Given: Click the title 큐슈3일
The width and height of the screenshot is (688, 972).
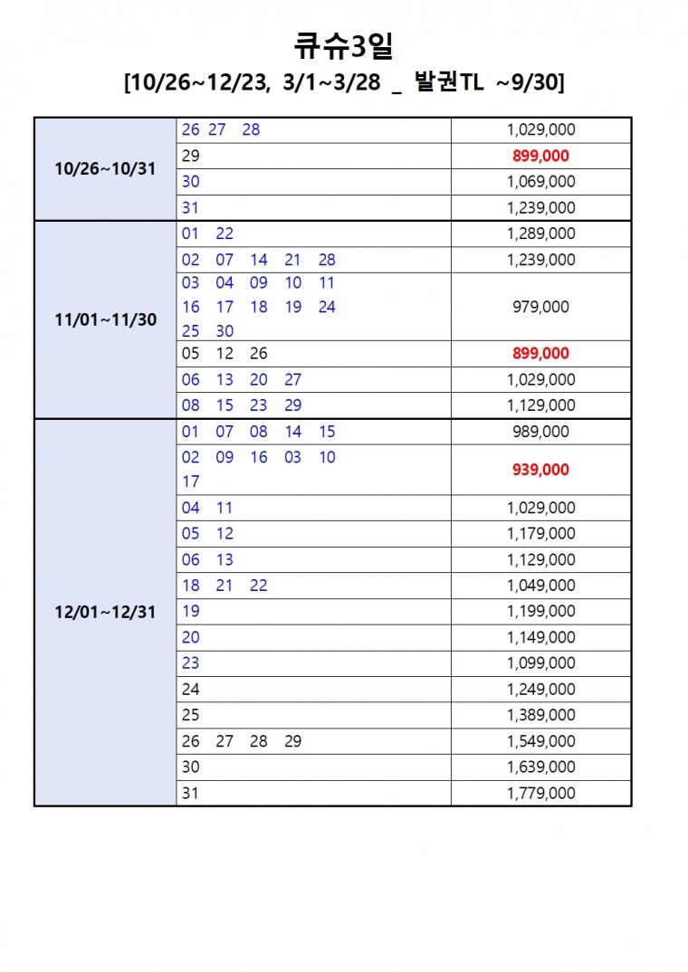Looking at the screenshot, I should click(x=343, y=44).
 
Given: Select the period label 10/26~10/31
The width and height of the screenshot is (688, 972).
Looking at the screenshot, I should click(x=105, y=169).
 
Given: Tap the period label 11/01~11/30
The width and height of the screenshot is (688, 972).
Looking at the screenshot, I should click(x=105, y=320).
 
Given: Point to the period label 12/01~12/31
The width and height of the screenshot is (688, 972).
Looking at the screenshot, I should click(x=105, y=612).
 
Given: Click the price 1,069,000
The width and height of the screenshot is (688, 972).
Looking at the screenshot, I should click(x=541, y=182).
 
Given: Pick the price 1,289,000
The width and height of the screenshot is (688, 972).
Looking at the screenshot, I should click(x=541, y=233).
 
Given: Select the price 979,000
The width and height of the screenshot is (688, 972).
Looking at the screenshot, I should click(x=541, y=307).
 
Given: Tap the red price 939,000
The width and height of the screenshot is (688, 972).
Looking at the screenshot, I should click(x=541, y=469).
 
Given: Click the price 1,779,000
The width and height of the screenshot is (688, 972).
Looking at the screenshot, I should click(x=541, y=793).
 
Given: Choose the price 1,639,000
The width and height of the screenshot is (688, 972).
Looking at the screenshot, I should click(x=541, y=767).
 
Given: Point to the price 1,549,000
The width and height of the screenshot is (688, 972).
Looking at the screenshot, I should click(x=541, y=741).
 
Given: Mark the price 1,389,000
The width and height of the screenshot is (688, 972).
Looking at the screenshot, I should click(x=541, y=715).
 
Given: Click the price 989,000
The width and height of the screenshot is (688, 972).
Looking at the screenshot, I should click(x=541, y=432).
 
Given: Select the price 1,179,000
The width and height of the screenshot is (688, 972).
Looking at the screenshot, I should click(x=541, y=534).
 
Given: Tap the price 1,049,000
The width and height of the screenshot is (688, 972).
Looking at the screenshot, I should click(x=541, y=586).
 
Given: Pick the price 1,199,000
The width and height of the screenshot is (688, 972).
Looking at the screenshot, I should click(x=541, y=611).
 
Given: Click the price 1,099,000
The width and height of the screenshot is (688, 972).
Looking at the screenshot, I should click(x=541, y=663).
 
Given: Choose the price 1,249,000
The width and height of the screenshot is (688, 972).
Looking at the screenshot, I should click(x=541, y=690).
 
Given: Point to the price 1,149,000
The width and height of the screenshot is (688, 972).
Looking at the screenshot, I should click(x=541, y=637).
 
